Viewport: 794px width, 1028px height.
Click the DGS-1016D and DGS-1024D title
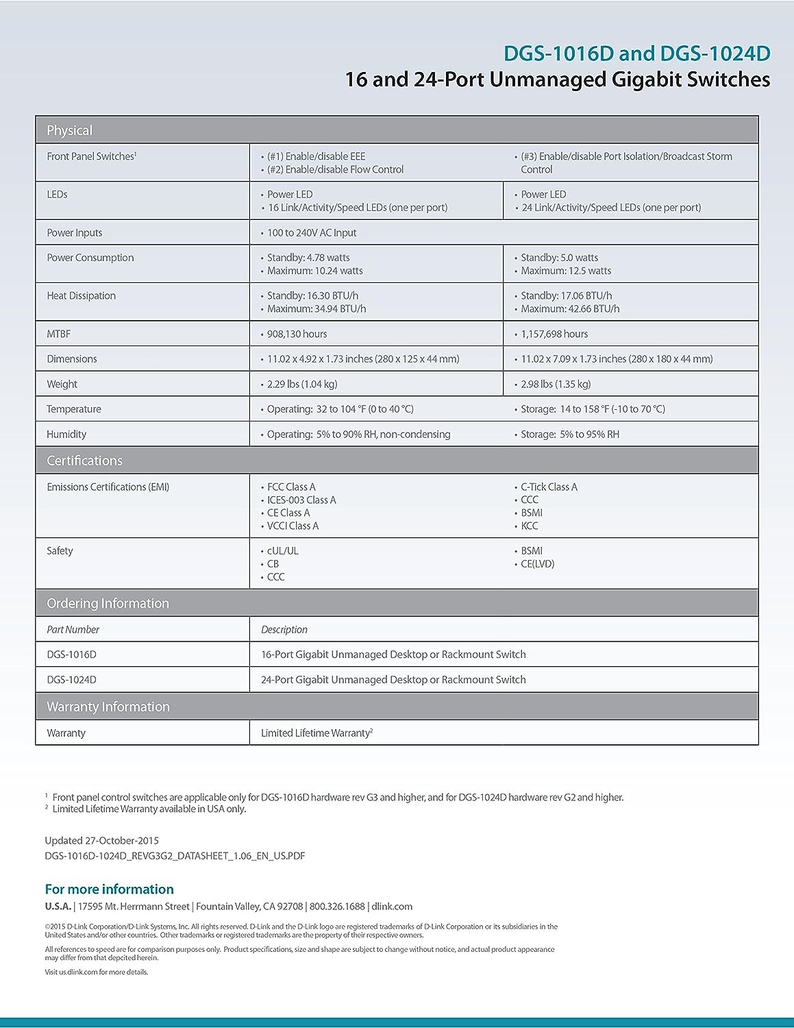(636, 53)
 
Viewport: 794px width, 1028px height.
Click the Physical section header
(69, 130)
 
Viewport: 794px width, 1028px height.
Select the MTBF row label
(59, 334)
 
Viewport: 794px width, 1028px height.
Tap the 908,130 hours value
(297, 334)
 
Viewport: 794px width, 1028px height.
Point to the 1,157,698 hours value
(554, 334)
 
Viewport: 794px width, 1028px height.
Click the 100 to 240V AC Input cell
(312, 233)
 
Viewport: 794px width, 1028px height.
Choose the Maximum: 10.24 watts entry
(314, 271)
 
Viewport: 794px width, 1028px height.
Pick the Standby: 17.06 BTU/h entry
(566, 296)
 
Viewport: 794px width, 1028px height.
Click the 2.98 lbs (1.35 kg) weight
(556, 384)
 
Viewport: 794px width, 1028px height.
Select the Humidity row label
(66, 435)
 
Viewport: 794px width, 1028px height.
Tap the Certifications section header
(84, 461)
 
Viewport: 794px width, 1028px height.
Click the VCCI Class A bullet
(293, 526)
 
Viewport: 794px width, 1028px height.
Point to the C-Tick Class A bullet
(549, 487)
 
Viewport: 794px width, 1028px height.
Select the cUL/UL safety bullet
(282, 551)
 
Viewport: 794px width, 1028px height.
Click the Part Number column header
(73, 630)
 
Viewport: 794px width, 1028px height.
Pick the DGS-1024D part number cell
(71, 680)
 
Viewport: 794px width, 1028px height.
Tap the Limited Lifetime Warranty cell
(317, 733)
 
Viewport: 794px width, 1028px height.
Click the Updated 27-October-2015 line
(101, 841)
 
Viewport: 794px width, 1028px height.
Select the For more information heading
(109, 890)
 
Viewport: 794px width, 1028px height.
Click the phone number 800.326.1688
(337, 907)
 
